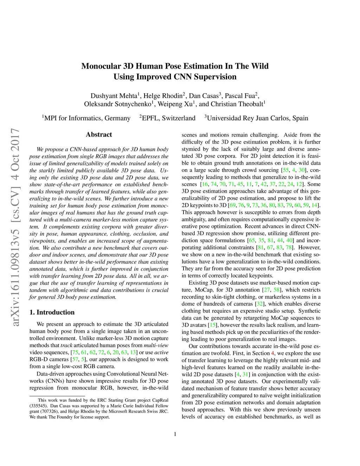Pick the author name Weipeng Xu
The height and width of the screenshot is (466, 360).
175,104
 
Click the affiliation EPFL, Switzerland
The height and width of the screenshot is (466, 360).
168,118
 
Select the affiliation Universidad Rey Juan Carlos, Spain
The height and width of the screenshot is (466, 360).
257,118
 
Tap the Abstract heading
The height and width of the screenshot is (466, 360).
99,134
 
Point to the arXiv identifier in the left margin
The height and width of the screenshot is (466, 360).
15,227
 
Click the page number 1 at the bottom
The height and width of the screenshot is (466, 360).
175,434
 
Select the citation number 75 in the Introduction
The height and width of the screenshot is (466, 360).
75,352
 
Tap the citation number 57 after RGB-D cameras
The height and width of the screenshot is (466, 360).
75,359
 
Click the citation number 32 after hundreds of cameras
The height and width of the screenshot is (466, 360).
259,304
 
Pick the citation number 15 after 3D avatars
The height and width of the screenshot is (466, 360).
213,325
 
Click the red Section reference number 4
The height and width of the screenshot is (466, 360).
272,353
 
